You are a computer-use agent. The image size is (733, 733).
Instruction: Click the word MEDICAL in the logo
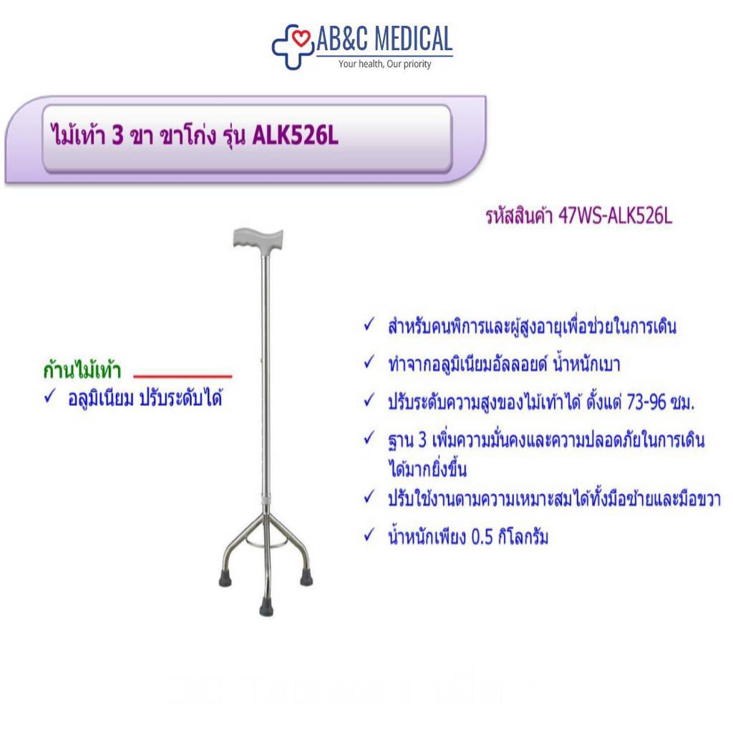coord(414,39)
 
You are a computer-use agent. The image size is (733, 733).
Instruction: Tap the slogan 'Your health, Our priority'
coord(384,64)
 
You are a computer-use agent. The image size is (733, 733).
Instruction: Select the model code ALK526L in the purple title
coord(295,136)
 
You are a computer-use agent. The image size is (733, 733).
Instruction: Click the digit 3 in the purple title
coord(117,136)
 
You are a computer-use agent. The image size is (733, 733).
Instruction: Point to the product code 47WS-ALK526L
coord(615,216)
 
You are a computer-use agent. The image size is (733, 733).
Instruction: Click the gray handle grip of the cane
coord(258,239)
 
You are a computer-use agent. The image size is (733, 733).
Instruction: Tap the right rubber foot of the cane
coord(306,578)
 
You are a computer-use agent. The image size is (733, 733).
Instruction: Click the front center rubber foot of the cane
coord(266,608)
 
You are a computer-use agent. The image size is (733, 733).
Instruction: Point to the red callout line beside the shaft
coord(183,376)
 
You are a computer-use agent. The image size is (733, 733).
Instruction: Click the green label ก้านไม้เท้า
coord(82,370)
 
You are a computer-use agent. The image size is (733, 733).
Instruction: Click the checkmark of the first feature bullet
coord(369,324)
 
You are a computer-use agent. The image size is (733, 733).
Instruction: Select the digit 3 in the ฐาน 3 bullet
coord(422,440)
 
